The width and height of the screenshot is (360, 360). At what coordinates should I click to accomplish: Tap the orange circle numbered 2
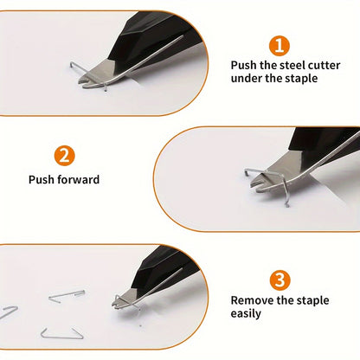(64, 156)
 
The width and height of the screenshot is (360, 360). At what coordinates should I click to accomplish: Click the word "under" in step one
(247, 79)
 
